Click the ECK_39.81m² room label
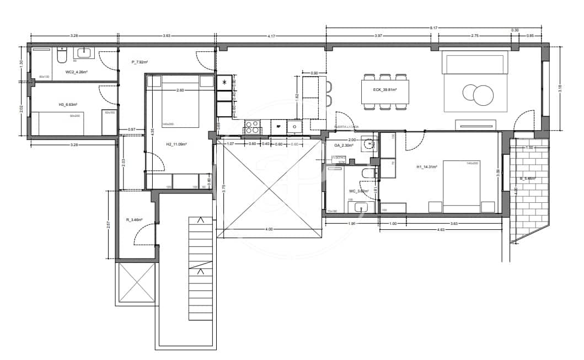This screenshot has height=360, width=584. tap(385, 89)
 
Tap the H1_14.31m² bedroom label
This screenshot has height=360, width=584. tap(427, 167)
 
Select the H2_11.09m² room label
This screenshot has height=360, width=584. tap(176, 144)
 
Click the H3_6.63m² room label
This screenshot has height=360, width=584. tap(68, 104)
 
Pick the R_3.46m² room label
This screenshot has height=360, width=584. tap(134, 220)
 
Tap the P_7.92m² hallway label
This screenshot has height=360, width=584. tap(140, 62)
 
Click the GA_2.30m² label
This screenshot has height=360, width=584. tap(345, 146)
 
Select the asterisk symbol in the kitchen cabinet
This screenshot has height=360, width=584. tap(224, 82)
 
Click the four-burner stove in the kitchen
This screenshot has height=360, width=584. tap(252, 127)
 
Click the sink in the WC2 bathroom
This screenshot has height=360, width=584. tap(84, 53)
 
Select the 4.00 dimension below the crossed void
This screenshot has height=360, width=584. tap(269, 229)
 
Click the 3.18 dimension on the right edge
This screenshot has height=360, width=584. tap(560, 89)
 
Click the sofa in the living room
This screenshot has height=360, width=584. tap(474, 63)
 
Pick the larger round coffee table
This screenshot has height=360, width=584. tap(484, 95)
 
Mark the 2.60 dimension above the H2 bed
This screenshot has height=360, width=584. tap(180, 90)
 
